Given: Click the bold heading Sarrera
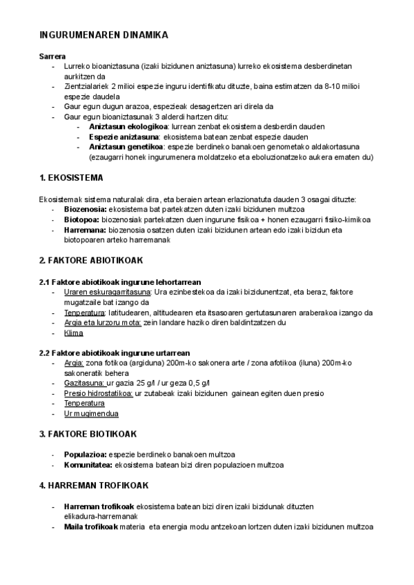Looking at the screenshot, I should point(52,55).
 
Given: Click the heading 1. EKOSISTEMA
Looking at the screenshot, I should point(72,177).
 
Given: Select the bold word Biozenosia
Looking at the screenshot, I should point(85,209).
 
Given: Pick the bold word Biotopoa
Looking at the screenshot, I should point(81,219).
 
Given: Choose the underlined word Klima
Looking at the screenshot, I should point(73,333).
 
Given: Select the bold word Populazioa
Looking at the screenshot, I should point(85,455).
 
